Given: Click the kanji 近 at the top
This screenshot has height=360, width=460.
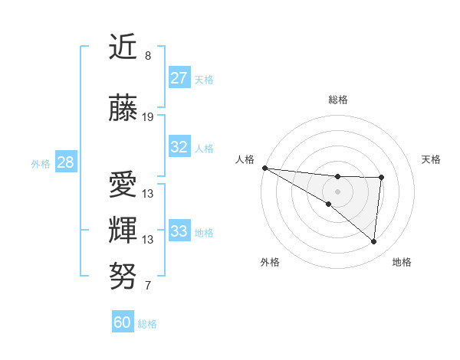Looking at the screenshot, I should pyautogui.click(x=123, y=47).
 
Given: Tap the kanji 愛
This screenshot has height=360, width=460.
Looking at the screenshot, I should pyautogui.click(x=123, y=185).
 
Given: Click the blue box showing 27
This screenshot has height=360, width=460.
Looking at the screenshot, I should pyautogui.click(x=179, y=77).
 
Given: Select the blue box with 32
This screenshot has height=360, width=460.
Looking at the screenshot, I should pyautogui.click(x=179, y=147).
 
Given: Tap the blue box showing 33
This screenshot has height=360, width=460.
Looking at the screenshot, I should pyautogui.click(x=179, y=231).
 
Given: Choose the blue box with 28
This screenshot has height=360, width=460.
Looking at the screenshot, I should pyautogui.click(x=65, y=162).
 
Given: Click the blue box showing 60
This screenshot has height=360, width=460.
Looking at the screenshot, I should pyautogui.click(x=123, y=322).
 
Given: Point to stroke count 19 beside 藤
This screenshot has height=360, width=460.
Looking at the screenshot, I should pyautogui.click(x=148, y=117).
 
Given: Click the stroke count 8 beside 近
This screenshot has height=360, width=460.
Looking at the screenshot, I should pyautogui.click(x=148, y=56).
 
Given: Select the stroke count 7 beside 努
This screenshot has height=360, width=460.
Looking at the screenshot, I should pyautogui.click(x=148, y=286).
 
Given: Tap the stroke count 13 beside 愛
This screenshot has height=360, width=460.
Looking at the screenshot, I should pyautogui.click(x=148, y=194).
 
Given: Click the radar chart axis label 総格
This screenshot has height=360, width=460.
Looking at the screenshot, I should pyautogui.click(x=338, y=100).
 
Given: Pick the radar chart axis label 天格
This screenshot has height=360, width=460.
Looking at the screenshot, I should pyautogui.click(x=432, y=159).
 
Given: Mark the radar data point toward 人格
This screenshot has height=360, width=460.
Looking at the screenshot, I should pyautogui.click(x=264, y=168).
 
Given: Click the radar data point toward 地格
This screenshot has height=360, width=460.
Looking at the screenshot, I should pyautogui.click(x=374, y=242).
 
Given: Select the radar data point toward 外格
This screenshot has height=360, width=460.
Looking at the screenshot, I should pyautogui.click(x=328, y=204).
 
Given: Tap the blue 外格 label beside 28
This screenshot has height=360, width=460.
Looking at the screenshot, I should pyautogui.click(x=41, y=163).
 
